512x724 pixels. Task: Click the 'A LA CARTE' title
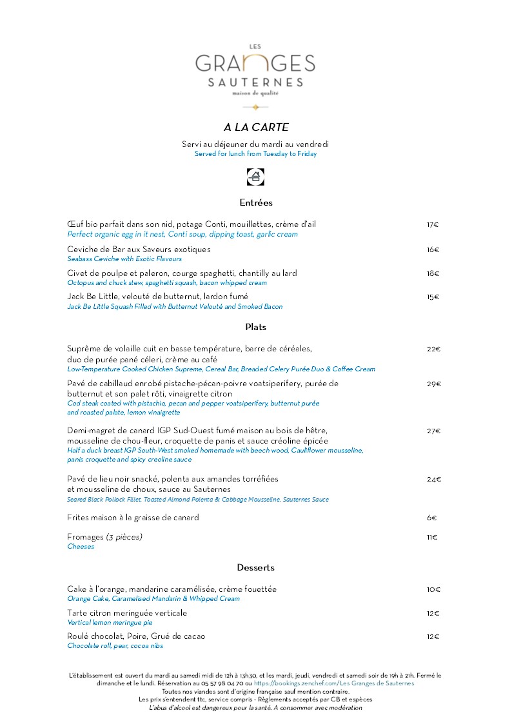(x=256, y=127)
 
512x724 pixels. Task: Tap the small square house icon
(x=256, y=177)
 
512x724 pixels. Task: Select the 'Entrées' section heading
(x=256, y=202)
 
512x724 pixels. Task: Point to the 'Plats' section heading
(x=256, y=327)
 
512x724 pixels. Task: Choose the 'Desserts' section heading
(x=256, y=567)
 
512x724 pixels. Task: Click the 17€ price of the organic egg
(x=433, y=225)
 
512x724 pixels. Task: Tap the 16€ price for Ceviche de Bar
(x=433, y=249)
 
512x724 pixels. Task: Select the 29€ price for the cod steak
(x=433, y=384)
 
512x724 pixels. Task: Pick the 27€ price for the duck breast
(x=433, y=431)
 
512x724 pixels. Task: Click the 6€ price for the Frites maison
(x=432, y=518)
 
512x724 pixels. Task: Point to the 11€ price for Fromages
(x=432, y=537)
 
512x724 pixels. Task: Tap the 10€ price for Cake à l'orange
(x=433, y=589)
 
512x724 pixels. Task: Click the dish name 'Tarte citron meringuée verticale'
(x=127, y=613)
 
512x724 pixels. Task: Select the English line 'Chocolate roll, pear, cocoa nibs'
(x=115, y=645)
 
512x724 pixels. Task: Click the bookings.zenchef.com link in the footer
(x=334, y=683)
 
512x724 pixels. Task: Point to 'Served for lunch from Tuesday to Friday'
(x=256, y=154)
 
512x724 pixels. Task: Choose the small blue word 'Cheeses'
(x=81, y=547)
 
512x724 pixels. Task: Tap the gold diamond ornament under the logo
(x=256, y=107)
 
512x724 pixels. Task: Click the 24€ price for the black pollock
(x=433, y=480)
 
